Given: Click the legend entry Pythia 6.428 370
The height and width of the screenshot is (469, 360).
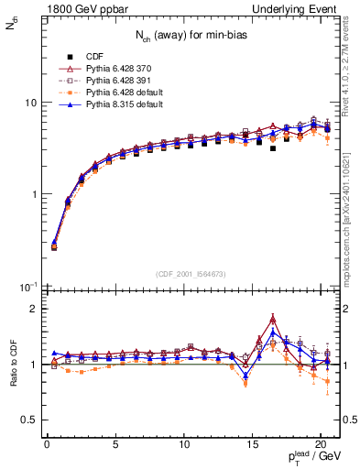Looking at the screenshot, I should (115, 68).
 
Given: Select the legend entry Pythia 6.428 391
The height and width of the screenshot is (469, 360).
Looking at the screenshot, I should (115, 81).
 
